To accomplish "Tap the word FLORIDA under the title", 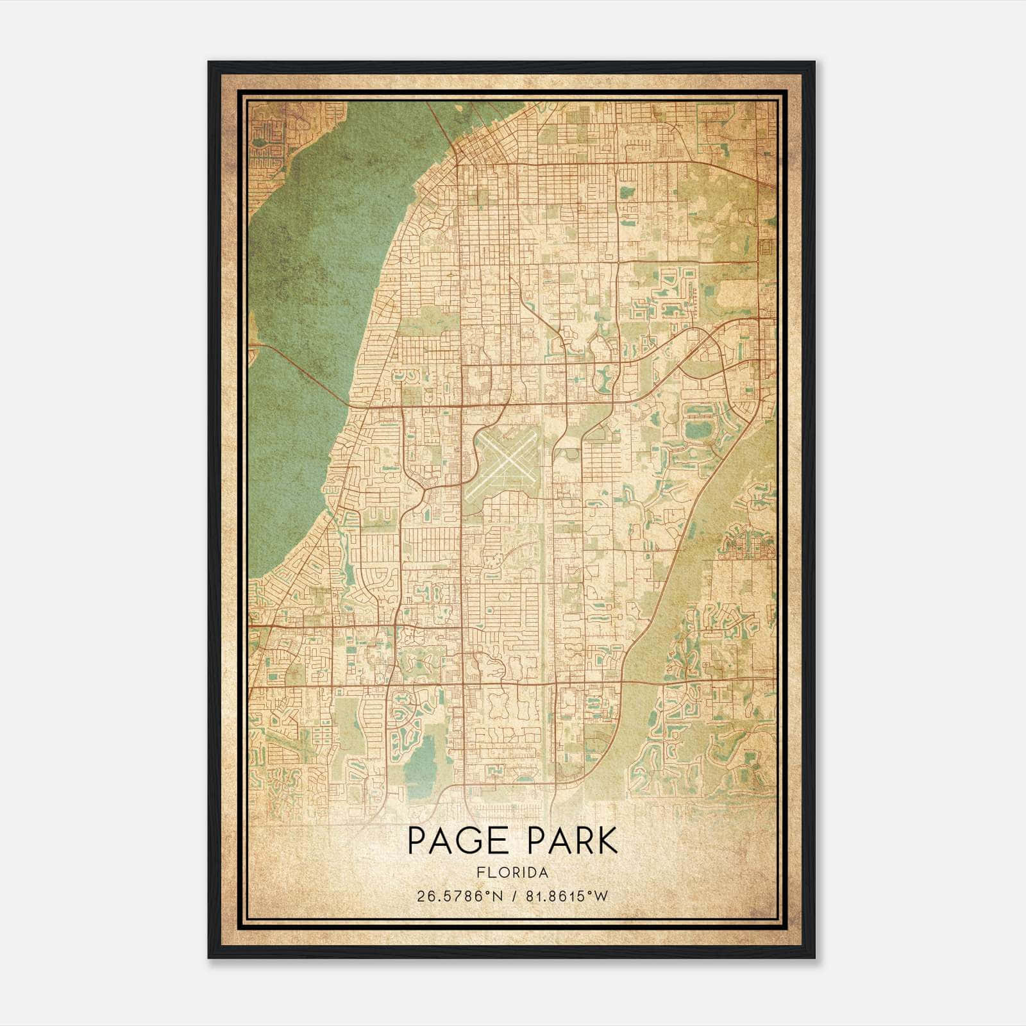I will (x=512, y=873).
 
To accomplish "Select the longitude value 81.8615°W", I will (x=566, y=896).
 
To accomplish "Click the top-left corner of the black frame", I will (x=210, y=63).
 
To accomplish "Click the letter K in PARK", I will (x=607, y=841).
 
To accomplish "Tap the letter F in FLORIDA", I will (x=480, y=873).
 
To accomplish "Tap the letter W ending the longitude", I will (x=601, y=896).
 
